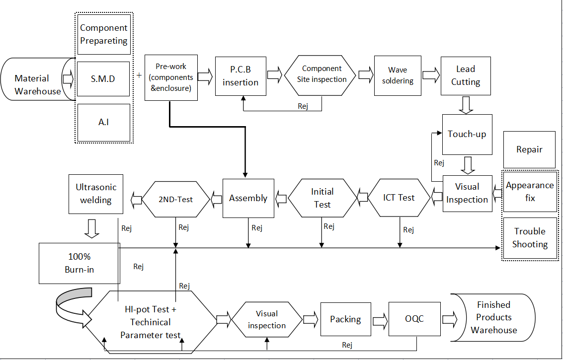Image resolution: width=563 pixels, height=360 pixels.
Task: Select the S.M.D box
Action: [x=103, y=78]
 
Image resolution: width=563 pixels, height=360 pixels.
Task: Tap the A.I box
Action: [x=103, y=122]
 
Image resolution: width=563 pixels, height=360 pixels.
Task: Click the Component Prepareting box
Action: [x=103, y=34]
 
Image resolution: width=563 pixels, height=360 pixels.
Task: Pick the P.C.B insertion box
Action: [x=241, y=75]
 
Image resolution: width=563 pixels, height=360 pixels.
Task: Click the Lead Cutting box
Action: [x=466, y=75]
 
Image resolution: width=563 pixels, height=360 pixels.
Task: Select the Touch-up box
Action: [x=467, y=134]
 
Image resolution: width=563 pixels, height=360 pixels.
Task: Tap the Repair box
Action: [x=529, y=149]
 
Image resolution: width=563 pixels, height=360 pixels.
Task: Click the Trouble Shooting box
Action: [x=530, y=238]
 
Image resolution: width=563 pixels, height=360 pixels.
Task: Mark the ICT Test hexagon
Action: [x=399, y=198]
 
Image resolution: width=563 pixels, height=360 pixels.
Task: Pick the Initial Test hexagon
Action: [x=322, y=198]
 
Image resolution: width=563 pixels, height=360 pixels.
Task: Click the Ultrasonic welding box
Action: [x=96, y=194]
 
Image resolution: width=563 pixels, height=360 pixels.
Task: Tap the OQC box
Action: [x=414, y=319]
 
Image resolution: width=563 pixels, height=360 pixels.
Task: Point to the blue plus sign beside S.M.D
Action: [x=139, y=75]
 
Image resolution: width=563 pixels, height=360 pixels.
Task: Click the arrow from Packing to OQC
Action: [x=382, y=319]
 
